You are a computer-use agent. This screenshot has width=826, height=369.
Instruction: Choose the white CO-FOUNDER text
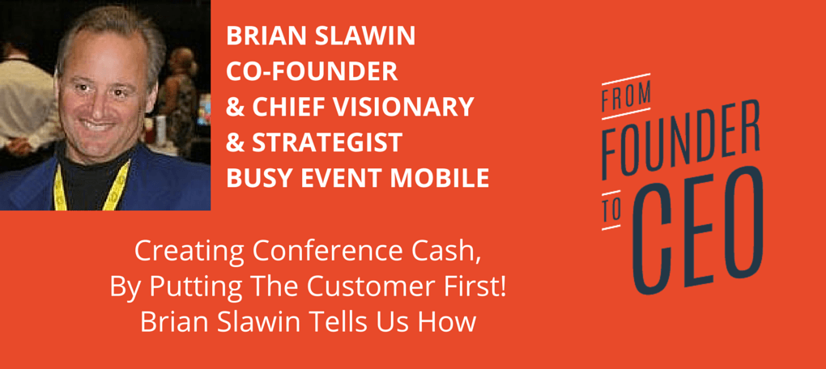pos(312,71)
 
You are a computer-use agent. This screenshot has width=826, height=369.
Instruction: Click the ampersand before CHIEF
pos(234,108)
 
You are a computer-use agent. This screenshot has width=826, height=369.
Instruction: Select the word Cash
pos(458,254)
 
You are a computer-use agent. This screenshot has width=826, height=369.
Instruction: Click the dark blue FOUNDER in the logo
pos(681,141)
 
